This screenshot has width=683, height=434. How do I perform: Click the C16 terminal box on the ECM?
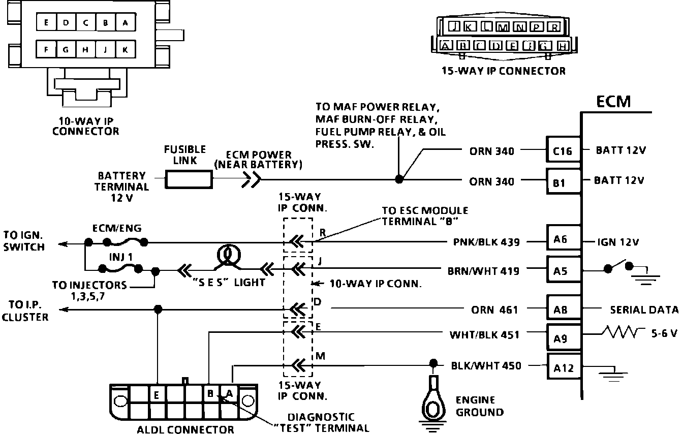(x=563, y=151)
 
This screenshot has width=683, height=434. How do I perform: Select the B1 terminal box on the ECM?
(x=563, y=181)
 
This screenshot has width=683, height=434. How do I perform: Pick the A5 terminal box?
(x=563, y=270)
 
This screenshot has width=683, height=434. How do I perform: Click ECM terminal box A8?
(x=563, y=308)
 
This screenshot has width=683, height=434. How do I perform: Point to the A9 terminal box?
(x=563, y=338)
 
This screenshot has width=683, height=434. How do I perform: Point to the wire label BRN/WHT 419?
(x=483, y=271)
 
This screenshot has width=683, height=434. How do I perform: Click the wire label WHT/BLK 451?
(x=484, y=335)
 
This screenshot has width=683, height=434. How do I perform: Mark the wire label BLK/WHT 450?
(x=486, y=365)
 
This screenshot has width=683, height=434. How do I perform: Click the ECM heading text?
(x=613, y=102)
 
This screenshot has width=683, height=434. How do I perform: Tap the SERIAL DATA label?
(x=644, y=309)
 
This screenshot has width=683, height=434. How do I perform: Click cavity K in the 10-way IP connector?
(x=125, y=49)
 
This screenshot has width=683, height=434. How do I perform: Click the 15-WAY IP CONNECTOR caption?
(x=503, y=71)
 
